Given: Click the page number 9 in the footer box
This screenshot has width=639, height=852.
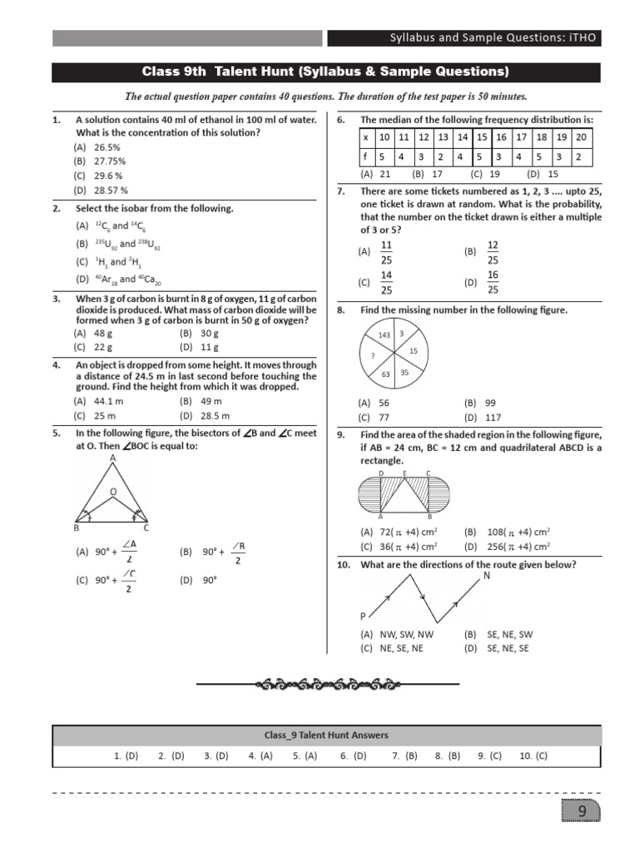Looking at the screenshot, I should click(582, 811).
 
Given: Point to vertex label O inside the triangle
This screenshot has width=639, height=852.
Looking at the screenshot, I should click(113, 493).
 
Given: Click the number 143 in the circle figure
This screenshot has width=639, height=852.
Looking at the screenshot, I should click(384, 334).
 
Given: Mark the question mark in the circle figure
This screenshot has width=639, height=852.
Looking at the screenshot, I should click(373, 355).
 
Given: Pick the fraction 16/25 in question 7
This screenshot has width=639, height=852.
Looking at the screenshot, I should click(493, 282).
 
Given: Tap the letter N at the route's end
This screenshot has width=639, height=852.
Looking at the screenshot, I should click(486, 576).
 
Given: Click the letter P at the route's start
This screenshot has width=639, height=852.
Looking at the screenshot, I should click(363, 616).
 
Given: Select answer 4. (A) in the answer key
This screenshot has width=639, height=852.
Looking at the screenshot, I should click(260, 756).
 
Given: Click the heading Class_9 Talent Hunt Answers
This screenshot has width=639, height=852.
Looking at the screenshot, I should click(326, 735).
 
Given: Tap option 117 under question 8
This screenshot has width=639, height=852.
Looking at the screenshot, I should click(493, 417).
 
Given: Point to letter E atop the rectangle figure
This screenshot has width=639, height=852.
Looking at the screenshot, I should click(404, 473).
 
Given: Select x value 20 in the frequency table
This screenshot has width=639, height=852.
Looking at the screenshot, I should click(581, 136).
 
